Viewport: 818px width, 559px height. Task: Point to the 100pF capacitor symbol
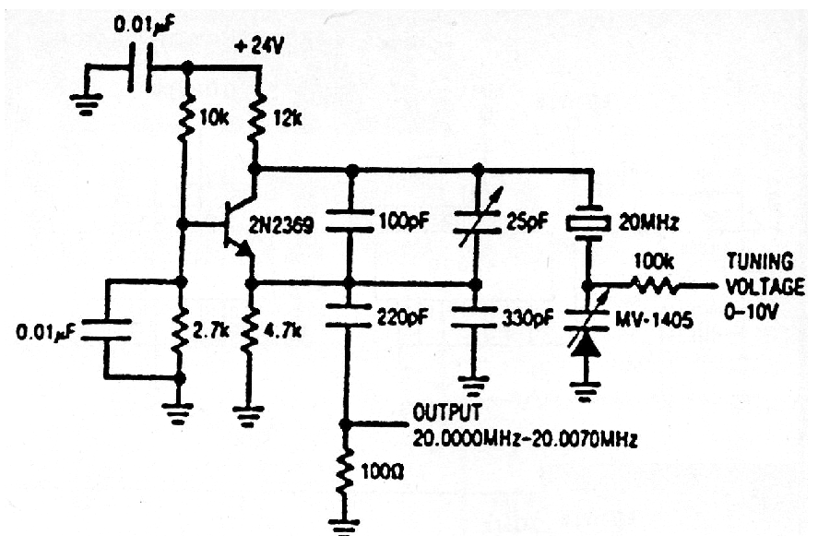(349, 223)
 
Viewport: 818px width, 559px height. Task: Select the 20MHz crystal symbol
(587, 224)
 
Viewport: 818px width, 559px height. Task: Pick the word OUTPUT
(436, 410)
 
